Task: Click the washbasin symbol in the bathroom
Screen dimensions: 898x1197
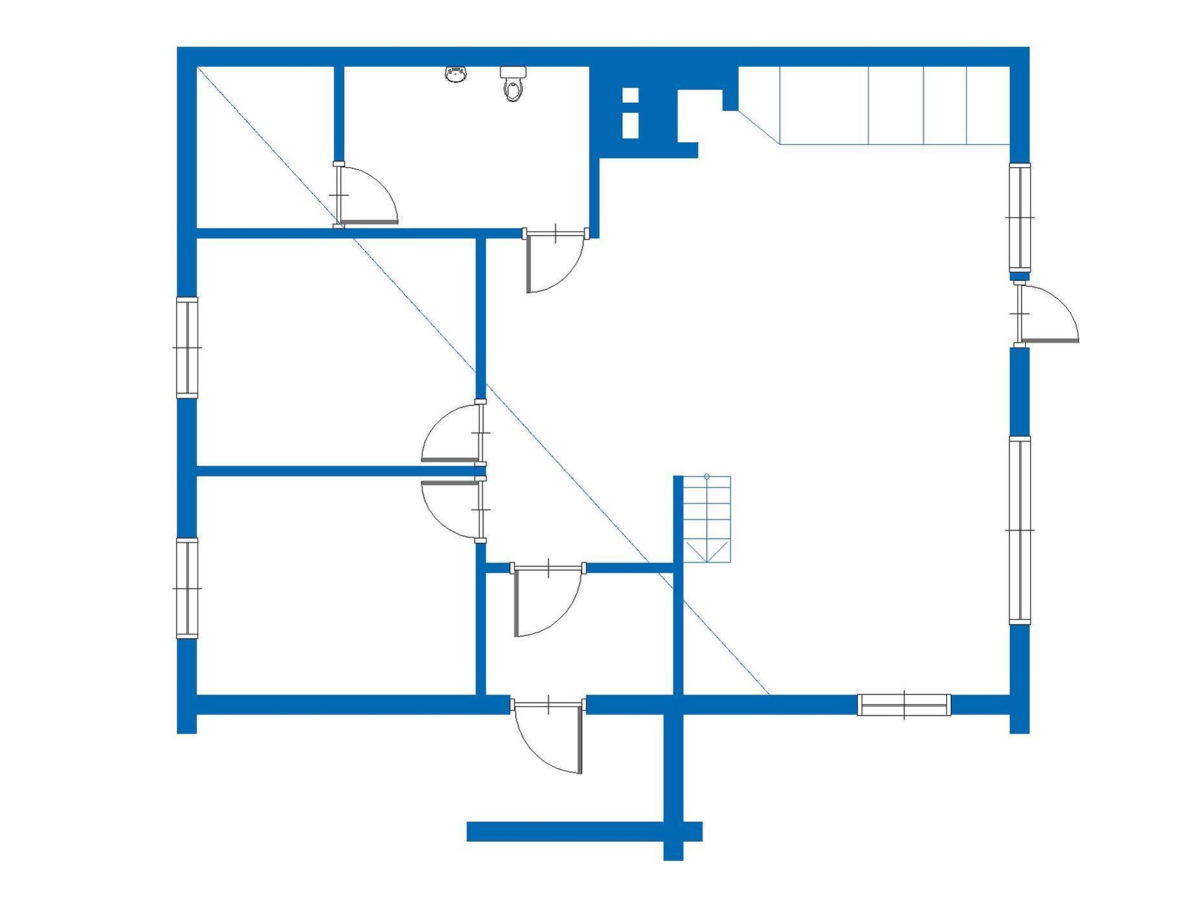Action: tap(456, 75)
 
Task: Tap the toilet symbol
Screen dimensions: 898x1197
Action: tap(513, 84)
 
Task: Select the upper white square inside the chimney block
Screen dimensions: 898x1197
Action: tap(630, 95)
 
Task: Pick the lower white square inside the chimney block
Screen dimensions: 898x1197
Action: tap(630, 125)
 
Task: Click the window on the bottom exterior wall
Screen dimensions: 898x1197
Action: tap(904, 704)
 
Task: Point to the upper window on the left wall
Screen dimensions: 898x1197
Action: tap(187, 347)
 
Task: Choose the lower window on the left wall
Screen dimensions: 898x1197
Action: tap(187, 588)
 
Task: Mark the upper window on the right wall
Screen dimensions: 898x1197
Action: tap(1020, 217)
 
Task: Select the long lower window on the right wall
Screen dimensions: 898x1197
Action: tap(1020, 530)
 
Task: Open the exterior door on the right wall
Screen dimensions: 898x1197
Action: tap(1046, 316)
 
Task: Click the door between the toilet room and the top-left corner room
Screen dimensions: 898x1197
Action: tap(365, 196)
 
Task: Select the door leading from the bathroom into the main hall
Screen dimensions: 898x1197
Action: tap(555, 260)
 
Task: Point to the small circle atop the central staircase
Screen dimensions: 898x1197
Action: tap(707, 476)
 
